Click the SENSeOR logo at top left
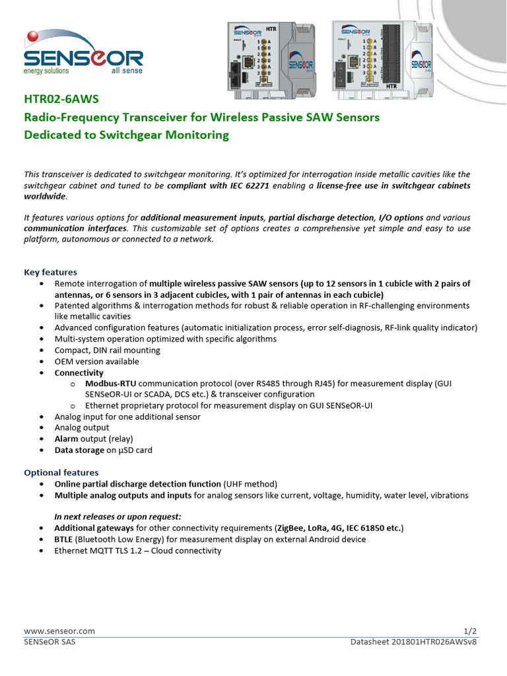pyautogui.click(x=83, y=53)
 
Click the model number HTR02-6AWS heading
pyautogui.click(x=61, y=100)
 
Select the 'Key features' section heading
pyautogui.click(x=50, y=272)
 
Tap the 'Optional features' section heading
pyautogui.click(x=61, y=473)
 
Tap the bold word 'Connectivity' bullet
pyautogui.click(x=79, y=373)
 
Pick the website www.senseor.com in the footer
pyautogui.click(x=59, y=631)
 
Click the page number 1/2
pyautogui.click(x=470, y=631)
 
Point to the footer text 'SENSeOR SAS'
pyautogui.click(x=50, y=642)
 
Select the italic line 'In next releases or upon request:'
pyautogui.click(x=118, y=517)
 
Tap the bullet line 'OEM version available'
pyautogui.click(x=96, y=362)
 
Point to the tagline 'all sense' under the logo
pyautogui.click(x=127, y=71)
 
